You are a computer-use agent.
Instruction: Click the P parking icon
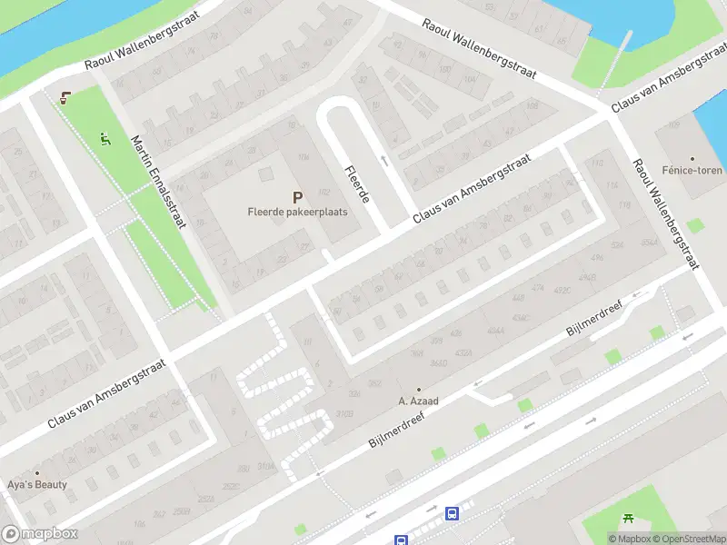(297, 197)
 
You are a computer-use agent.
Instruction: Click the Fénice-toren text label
(692, 170)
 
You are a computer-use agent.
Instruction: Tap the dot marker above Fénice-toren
(692, 158)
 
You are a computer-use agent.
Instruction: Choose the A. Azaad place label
(419, 400)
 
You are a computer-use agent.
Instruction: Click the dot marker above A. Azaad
(419, 389)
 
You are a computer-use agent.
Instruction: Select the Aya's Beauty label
(37, 484)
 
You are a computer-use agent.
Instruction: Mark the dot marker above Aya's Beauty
(37, 473)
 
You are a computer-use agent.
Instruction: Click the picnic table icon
(629, 519)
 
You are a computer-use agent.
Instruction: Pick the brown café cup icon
(64, 98)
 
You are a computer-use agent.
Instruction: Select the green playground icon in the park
(105, 138)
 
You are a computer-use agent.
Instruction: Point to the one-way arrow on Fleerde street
(383, 161)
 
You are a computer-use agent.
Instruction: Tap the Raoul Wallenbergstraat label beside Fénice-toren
(666, 215)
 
